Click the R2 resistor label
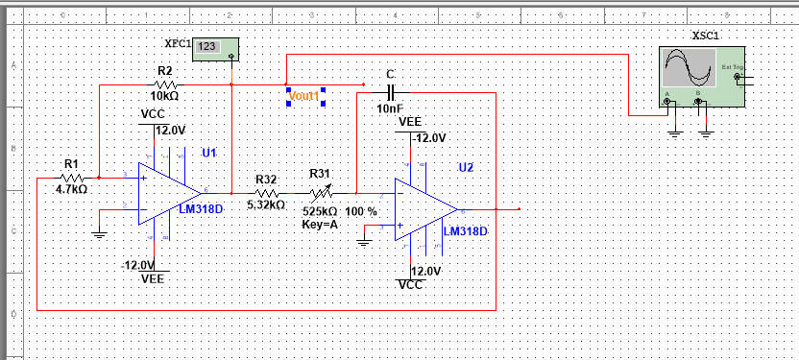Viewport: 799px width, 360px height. point(164,71)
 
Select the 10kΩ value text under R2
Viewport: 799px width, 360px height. point(164,96)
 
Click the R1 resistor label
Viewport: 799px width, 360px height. point(70,163)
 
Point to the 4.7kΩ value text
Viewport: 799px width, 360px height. point(71,189)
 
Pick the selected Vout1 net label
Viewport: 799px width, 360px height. point(304,96)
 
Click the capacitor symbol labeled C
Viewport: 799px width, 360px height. point(390,93)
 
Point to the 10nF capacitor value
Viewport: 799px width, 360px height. point(390,109)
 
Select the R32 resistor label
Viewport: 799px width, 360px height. point(266,179)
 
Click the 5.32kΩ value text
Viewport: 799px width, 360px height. point(266,204)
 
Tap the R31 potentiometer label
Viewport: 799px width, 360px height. point(320,174)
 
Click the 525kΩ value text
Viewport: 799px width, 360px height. point(319,210)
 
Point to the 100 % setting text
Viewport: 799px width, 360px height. point(361,210)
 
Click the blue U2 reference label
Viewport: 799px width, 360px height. point(466,168)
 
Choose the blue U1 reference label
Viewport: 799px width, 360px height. point(209,153)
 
